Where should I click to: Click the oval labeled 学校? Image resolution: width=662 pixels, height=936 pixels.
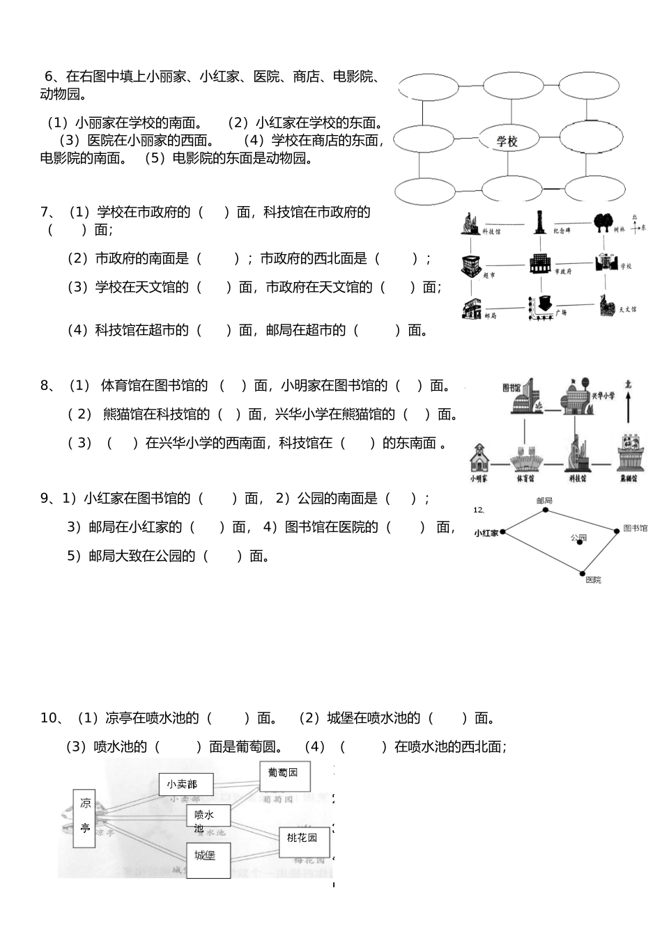pos(507,141)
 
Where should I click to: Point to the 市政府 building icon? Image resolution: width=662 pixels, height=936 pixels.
pos(539,264)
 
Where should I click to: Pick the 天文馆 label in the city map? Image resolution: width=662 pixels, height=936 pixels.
pos(627,309)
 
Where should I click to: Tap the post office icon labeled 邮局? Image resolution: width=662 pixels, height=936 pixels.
pos(472,307)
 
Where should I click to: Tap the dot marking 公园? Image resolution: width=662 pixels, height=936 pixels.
pos(580,543)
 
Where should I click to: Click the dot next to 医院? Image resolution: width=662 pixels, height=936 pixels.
pos(583,573)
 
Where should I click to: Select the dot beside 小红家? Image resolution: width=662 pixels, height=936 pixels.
pos(502,532)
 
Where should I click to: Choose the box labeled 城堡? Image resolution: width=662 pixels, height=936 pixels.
pos(208,859)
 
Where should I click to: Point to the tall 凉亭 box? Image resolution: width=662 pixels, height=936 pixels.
pos(84,818)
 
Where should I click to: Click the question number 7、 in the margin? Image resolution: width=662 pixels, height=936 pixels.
pos(48,212)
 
